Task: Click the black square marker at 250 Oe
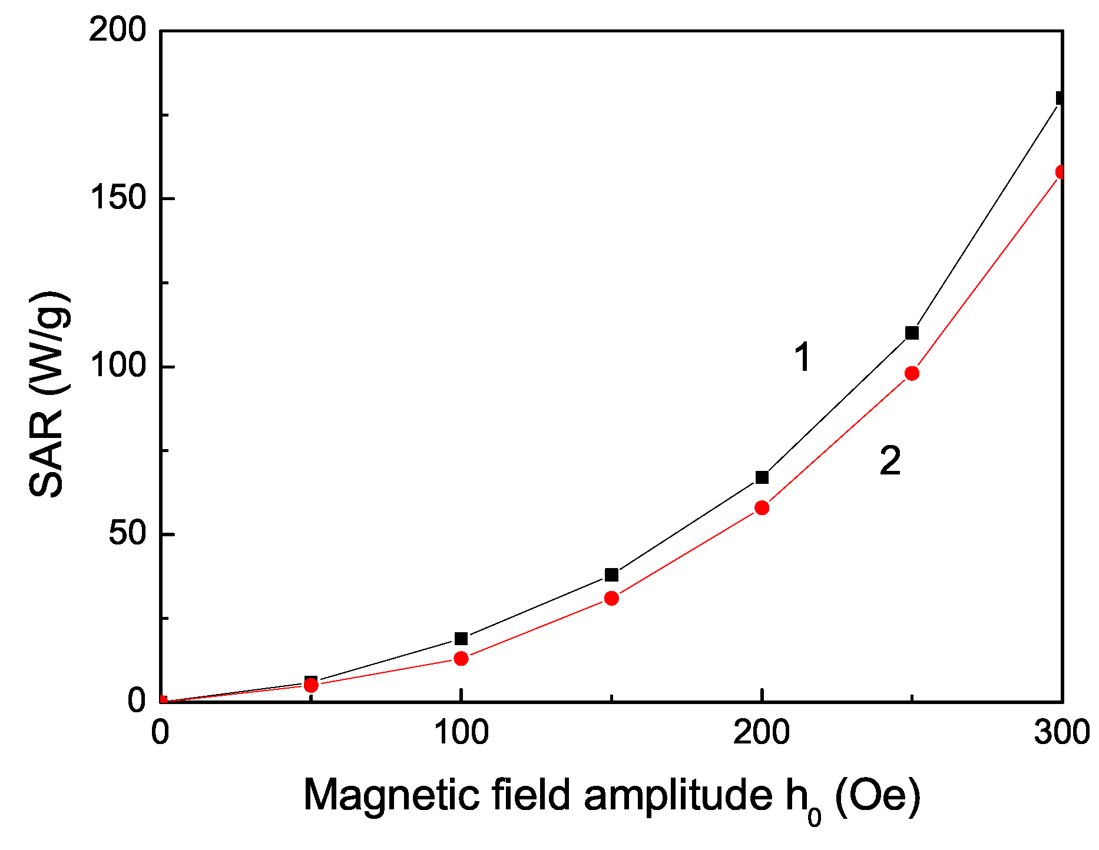click(912, 333)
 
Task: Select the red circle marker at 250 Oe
click(912, 373)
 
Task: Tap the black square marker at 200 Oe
click(762, 477)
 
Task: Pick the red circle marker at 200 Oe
click(762, 507)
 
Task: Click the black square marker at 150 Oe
click(612, 575)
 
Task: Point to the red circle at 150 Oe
click(612, 598)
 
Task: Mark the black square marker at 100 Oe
click(461, 639)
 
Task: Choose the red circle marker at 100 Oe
click(461, 658)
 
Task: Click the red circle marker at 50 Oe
click(311, 685)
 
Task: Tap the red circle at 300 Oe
click(1061, 172)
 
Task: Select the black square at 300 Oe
click(1061, 98)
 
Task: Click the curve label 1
click(803, 357)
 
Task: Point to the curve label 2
click(890, 461)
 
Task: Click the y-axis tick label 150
click(117, 198)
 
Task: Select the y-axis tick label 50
click(127, 534)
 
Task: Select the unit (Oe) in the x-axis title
click(878, 796)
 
